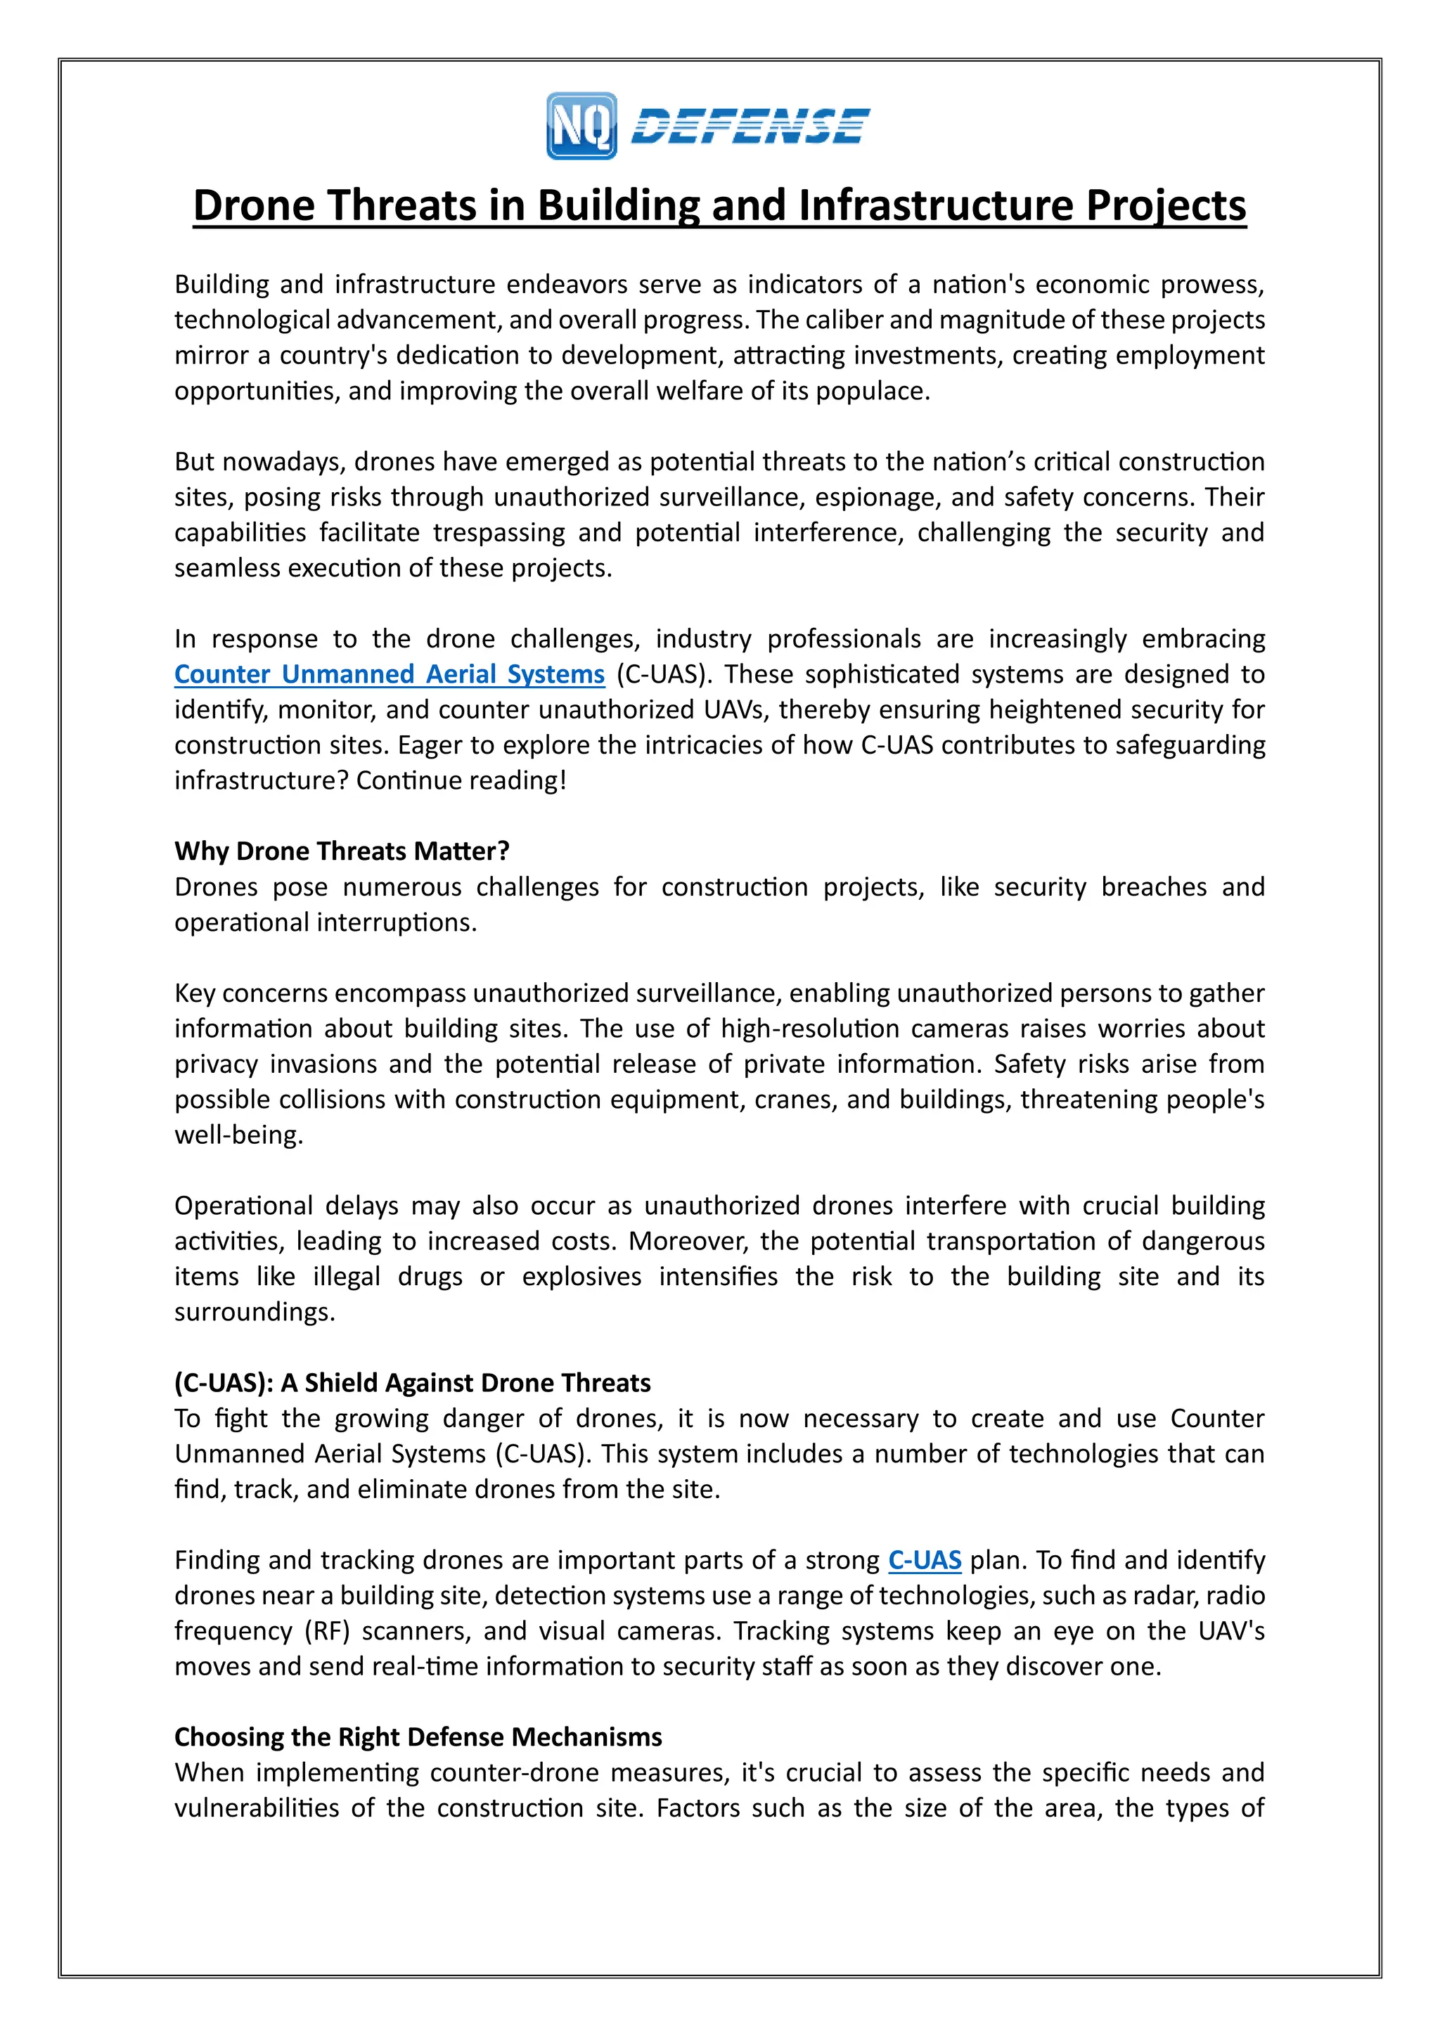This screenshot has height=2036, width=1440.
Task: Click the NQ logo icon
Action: [581, 126]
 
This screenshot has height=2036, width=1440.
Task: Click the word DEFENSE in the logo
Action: [750, 126]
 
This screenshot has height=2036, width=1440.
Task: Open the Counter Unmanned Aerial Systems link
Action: [390, 674]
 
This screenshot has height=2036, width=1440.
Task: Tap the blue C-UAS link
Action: [924, 1560]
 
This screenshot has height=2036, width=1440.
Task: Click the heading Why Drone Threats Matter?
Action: [342, 851]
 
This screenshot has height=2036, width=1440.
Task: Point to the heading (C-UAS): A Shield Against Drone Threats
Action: [412, 1382]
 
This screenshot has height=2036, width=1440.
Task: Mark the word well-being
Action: [238, 1135]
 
